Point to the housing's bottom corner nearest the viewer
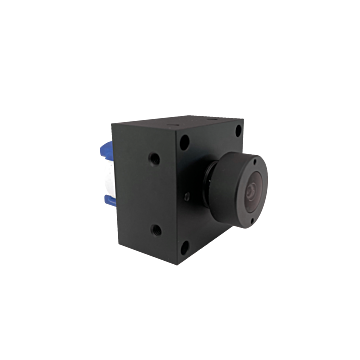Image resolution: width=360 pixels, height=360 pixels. click(x=181, y=254)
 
